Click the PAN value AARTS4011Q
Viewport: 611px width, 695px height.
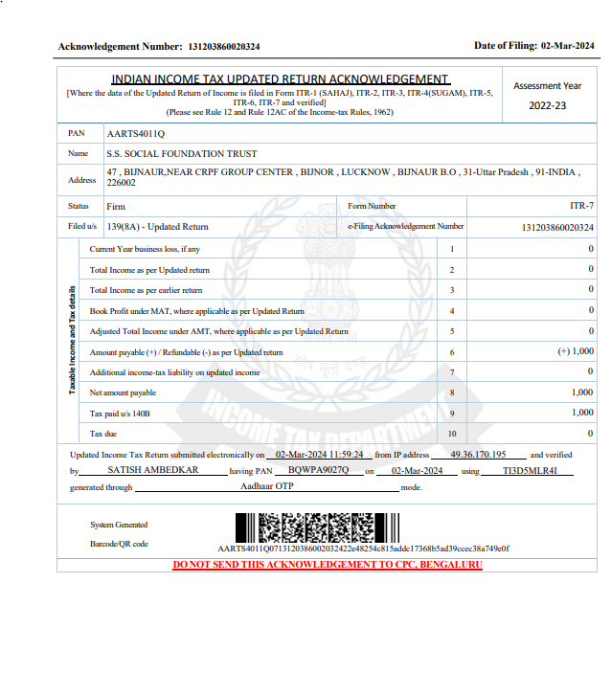[x=136, y=133]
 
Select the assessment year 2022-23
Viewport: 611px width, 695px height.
[x=548, y=105]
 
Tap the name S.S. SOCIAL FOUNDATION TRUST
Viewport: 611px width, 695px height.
[x=182, y=153]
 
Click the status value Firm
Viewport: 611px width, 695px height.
[x=115, y=206]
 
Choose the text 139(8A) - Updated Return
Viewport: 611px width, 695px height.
[x=158, y=227]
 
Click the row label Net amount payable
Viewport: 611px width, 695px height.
[x=123, y=392]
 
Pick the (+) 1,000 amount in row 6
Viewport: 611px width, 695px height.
[x=576, y=351]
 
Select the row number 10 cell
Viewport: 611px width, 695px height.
[x=452, y=434]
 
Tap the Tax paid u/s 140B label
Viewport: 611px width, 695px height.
[x=120, y=414]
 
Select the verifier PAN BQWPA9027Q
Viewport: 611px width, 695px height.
[x=321, y=472]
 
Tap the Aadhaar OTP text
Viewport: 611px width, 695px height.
[x=267, y=487]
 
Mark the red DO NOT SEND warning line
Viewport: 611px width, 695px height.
[x=327, y=565]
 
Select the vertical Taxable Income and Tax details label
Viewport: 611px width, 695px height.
[x=72, y=340]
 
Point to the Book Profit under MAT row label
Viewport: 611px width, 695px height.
[x=196, y=311]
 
